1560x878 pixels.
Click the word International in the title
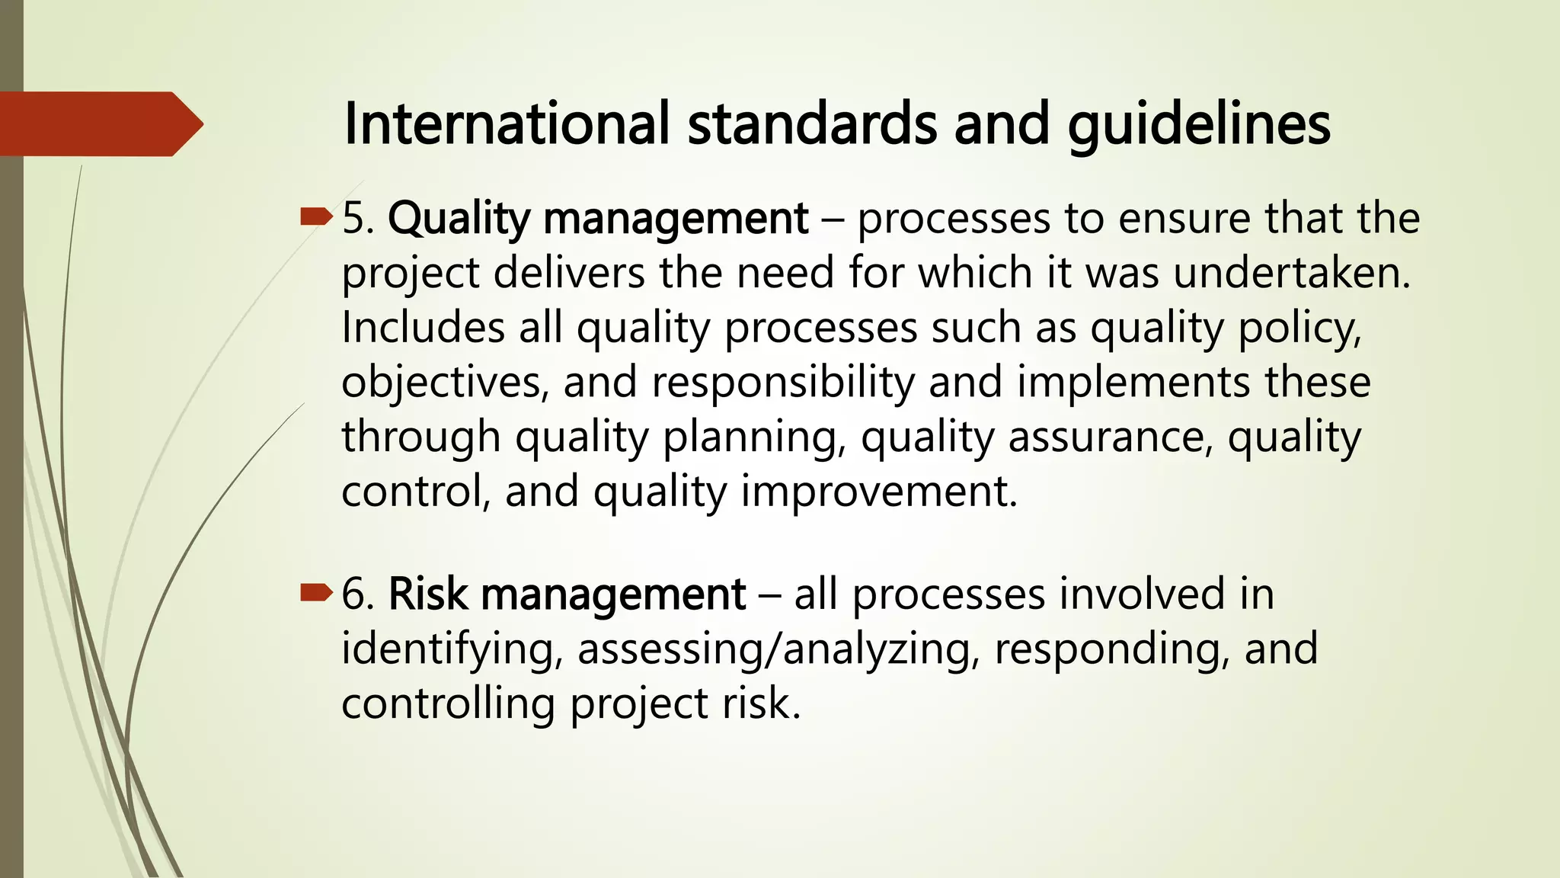point(507,123)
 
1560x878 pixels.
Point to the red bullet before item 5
point(316,218)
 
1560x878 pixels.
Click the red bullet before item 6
point(316,592)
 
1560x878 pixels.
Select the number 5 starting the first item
point(354,219)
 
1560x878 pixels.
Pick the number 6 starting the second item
point(355,594)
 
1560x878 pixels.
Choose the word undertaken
point(1292,273)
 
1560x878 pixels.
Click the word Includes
point(423,328)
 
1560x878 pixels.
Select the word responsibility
point(782,383)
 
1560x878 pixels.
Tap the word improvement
point(879,492)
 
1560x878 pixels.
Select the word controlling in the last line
point(448,703)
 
